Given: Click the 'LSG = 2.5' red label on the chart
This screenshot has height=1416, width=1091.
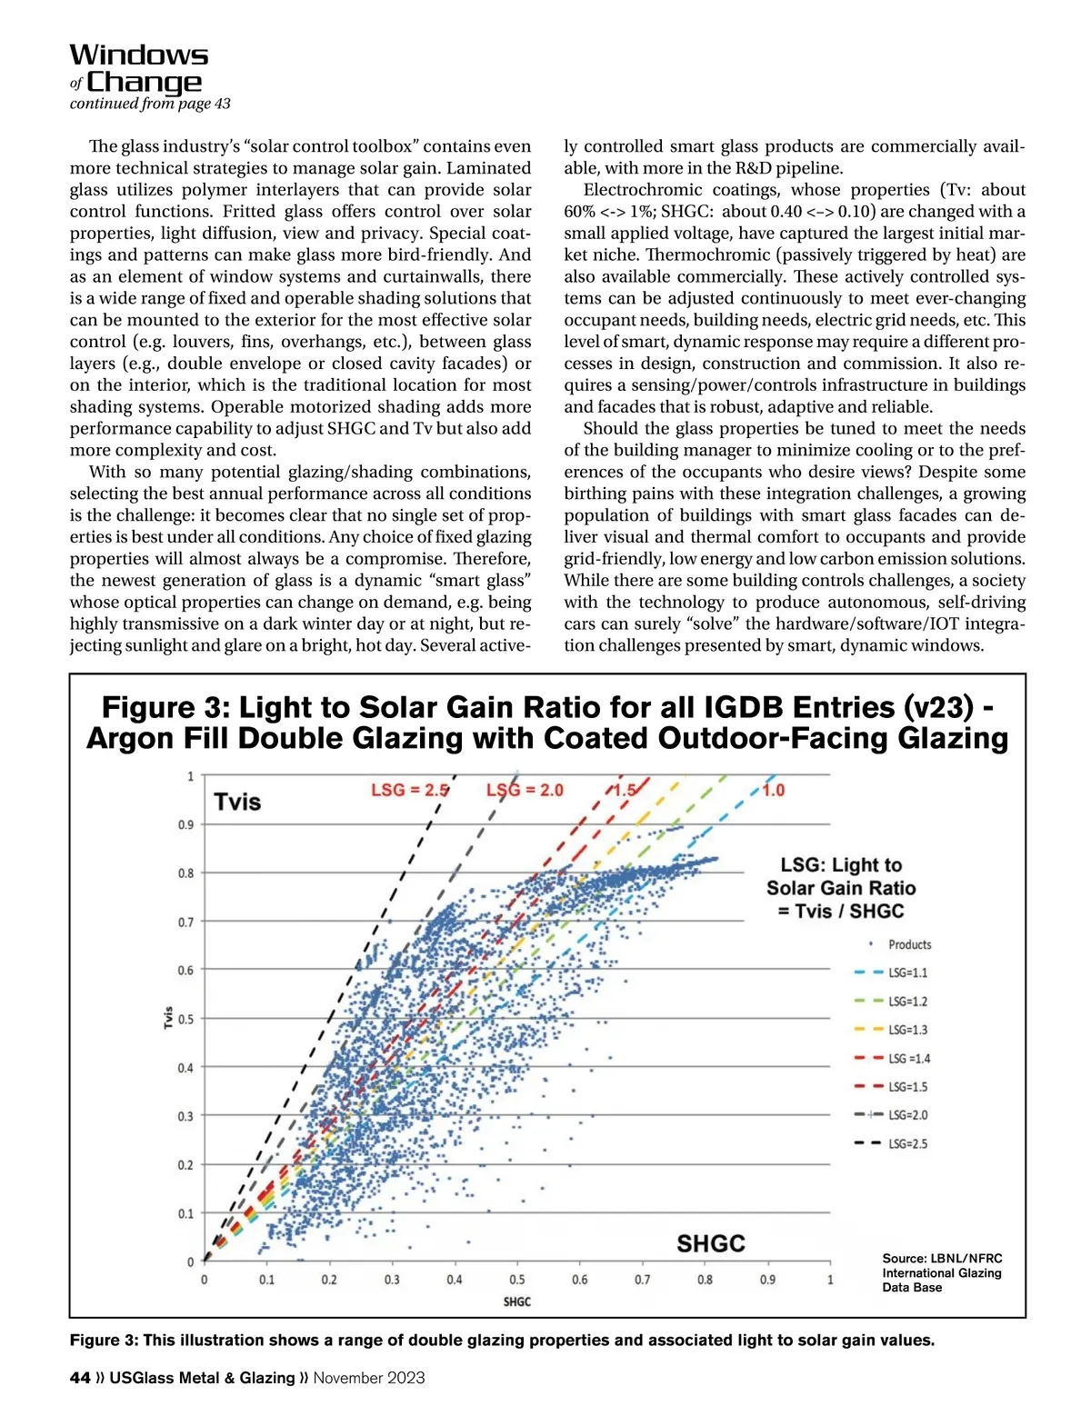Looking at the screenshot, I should (x=409, y=790).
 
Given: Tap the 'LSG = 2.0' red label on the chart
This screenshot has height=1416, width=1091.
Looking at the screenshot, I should (x=525, y=790).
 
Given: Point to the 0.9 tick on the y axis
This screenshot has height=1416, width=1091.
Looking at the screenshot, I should (x=185, y=824).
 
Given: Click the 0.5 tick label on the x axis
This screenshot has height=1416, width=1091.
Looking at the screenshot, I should (x=516, y=1280).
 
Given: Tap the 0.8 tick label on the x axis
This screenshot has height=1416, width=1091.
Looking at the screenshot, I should (x=705, y=1280).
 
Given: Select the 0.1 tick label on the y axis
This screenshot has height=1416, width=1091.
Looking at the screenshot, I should (x=185, y=1213).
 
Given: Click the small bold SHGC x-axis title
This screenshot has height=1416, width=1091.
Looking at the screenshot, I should (x=516, y=1301).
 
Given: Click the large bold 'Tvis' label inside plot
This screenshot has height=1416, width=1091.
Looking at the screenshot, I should (x=237, y=802).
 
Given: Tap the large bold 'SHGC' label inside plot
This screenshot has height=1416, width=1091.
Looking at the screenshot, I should (x=711, y=1243).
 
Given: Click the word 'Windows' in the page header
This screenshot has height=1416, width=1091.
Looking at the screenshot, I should (x=139, y=55).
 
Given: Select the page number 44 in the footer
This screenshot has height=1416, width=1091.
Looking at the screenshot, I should (x=80, y=1378).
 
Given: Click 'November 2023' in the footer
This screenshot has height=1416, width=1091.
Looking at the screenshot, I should (x=369, y=1378).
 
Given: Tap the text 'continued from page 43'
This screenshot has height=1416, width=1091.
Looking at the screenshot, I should (x=150, y=104).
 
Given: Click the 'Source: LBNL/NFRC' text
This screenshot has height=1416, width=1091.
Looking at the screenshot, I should (x=942, y=1259).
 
